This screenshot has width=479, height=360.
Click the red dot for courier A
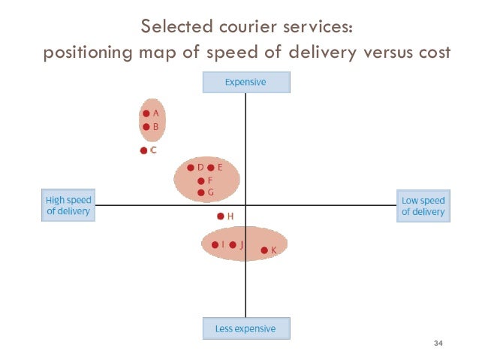[146, 113]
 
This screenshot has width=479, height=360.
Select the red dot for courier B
[146, 127]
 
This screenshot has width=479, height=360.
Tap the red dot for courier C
[143, 150]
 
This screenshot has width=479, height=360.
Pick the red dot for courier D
[191, 168]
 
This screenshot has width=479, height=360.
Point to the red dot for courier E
[210, 168]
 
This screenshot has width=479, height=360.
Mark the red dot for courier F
[200, 181]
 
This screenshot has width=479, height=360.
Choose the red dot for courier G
[200, 193]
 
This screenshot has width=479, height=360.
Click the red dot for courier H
[220, 216]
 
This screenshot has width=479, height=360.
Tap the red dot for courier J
[233, 245]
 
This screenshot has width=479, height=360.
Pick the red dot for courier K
[264, 250]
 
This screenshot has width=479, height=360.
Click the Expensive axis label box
[246, 83]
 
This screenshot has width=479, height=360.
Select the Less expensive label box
[246, 328]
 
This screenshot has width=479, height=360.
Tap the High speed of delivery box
[68, 206]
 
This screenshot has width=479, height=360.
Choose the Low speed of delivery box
[423, 206]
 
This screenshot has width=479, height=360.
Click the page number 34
[439, 344]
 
